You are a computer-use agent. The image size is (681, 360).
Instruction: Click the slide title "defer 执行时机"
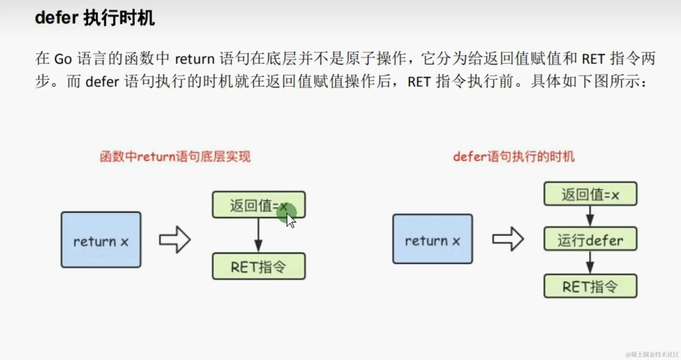tap(95, 18)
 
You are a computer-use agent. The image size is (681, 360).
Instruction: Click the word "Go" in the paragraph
tap(63, 59)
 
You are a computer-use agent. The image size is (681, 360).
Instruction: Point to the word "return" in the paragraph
tap(194, 59)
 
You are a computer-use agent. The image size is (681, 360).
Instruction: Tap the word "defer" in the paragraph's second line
tap(102, 82)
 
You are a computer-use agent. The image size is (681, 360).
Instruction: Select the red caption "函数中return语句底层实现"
tap(175, 156)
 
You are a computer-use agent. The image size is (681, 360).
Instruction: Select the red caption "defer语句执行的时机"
tap(514, 156)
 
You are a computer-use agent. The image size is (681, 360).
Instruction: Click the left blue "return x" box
tap(101, 240)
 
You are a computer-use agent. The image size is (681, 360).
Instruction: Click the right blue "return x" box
tap(432, 239)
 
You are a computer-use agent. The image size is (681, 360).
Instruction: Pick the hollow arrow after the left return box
tap(174, 240)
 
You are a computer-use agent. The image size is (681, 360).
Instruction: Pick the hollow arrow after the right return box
tap(508, 239)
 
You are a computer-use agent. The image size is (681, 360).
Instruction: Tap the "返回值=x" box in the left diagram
tap(258, 205)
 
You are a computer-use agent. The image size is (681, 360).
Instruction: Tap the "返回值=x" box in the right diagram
tap(590, 194)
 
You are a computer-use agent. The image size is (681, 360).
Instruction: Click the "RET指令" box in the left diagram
tap(258, 266)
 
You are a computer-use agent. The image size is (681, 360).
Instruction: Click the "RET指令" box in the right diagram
tap(590, 286)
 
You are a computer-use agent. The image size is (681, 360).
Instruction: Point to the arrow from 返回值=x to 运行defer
tap(590, 216)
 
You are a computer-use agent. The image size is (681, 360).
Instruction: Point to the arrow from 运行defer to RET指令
tap(590, 262)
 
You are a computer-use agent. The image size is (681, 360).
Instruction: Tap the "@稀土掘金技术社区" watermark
tap(652, 354)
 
